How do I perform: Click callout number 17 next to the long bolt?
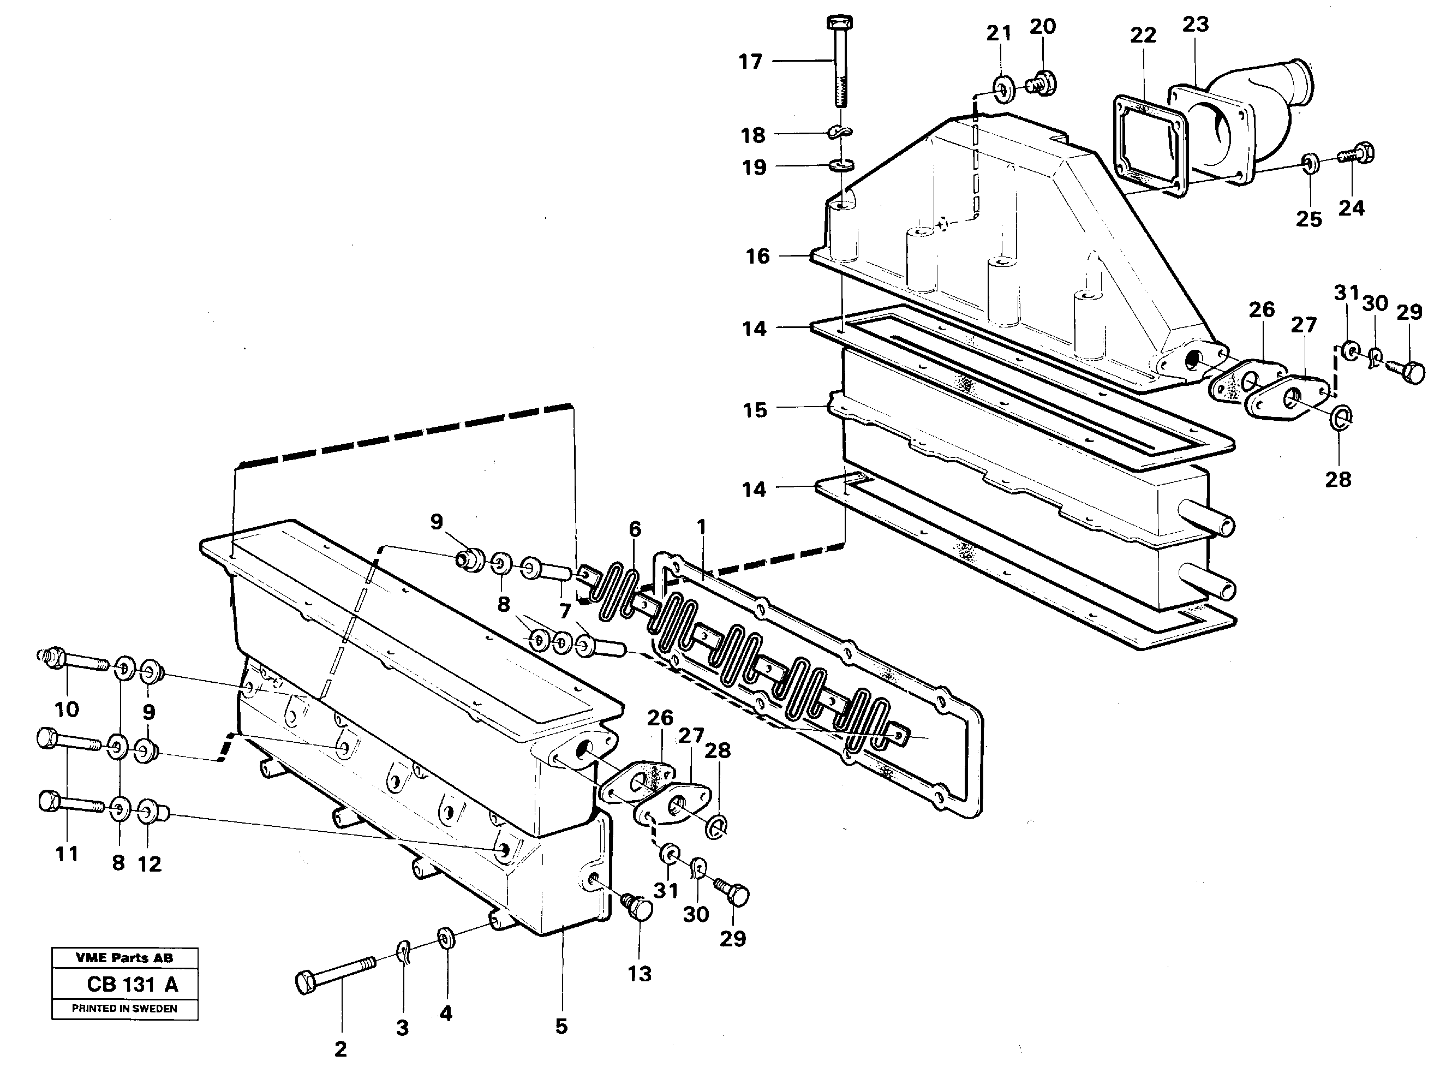[x=750, y=62]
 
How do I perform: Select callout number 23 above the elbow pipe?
[x=1195, y=25]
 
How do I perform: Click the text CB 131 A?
[x=132, y=985]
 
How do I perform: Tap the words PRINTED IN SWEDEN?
[x=124, y=1009]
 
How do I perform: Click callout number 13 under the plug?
[x=639, y=974]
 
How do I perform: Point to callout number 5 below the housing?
[x=561, y=1026]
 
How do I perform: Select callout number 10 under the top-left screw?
[x=67, y=710]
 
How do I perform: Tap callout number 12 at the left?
[x=150, y=863]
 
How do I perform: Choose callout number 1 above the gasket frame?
[x=701, y=527]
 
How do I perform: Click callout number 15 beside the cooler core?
[x=755, y=410]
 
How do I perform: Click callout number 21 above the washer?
[x=999, y=33]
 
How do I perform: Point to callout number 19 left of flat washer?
[x=754, y=168]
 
